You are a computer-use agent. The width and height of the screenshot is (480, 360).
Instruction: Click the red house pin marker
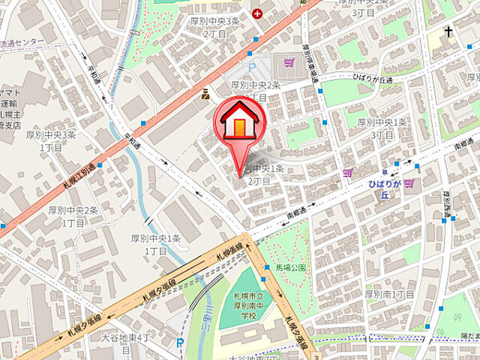(x=238, y=121)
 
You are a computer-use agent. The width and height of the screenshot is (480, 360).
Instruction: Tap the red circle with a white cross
(x=258, y=13)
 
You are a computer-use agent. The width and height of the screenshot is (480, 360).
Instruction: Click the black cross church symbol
(x=448, y=31)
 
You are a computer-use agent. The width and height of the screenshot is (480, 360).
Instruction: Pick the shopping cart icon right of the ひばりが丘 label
(x=409, y=182)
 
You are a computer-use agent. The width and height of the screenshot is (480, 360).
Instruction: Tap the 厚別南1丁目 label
(x=390, y=294)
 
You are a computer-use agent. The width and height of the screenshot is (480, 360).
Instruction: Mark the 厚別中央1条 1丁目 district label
(x=156, y=244)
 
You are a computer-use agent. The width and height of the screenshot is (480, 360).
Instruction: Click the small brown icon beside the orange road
(x=204, y=94)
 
